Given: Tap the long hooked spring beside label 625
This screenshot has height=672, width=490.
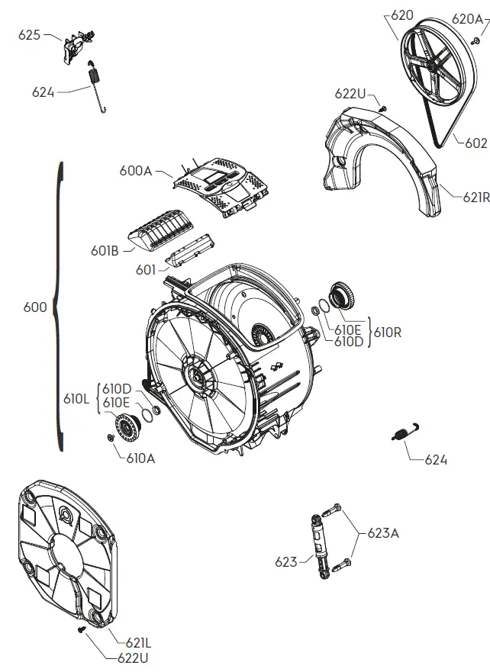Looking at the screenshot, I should coord(96,85).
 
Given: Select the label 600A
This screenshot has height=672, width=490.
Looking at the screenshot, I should coord(136,171).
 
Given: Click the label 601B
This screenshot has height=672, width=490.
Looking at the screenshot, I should coord(103,249).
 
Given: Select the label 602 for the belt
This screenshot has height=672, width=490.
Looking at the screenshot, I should coord(475,142).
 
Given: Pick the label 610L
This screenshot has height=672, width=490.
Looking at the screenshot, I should coord(77,398).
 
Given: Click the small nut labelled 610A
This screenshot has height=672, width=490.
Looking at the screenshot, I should coord(110,437).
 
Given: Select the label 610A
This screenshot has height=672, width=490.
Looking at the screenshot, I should coord(140,458).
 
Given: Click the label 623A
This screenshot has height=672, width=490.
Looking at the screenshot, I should coord(383,533).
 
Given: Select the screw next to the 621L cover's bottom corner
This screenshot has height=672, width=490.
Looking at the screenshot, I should coord(79,630).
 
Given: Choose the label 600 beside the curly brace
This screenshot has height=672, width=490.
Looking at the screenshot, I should coord(35,307).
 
